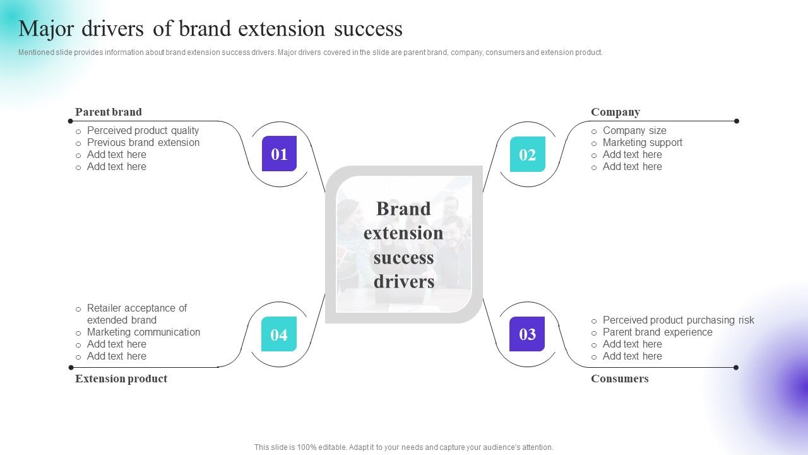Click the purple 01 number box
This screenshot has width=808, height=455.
point(279,154)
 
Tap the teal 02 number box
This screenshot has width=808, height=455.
point(527,154)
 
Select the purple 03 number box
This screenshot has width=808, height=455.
point(527,334)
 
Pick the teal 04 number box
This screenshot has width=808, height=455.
point(279,334)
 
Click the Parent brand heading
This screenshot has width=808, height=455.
point(109,112)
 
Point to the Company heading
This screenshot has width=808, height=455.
point(615,112)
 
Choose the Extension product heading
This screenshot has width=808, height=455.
point(121,379)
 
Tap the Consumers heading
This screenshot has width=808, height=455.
point(620,379)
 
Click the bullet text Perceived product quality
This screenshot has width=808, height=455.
point(143,131)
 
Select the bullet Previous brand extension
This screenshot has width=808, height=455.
point(143,143)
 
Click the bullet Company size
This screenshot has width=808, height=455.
point(634,131)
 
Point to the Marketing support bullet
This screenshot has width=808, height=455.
point(642,143)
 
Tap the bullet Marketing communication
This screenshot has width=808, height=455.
point(143,332)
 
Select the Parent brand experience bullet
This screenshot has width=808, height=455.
point(657,332)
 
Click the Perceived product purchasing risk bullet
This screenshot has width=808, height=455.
point(678,320)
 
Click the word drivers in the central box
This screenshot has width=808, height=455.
point(403,282)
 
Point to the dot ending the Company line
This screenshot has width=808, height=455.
point(736,121)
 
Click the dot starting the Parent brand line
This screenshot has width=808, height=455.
point(71,121)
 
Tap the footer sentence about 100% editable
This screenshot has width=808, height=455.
point(404,447)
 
